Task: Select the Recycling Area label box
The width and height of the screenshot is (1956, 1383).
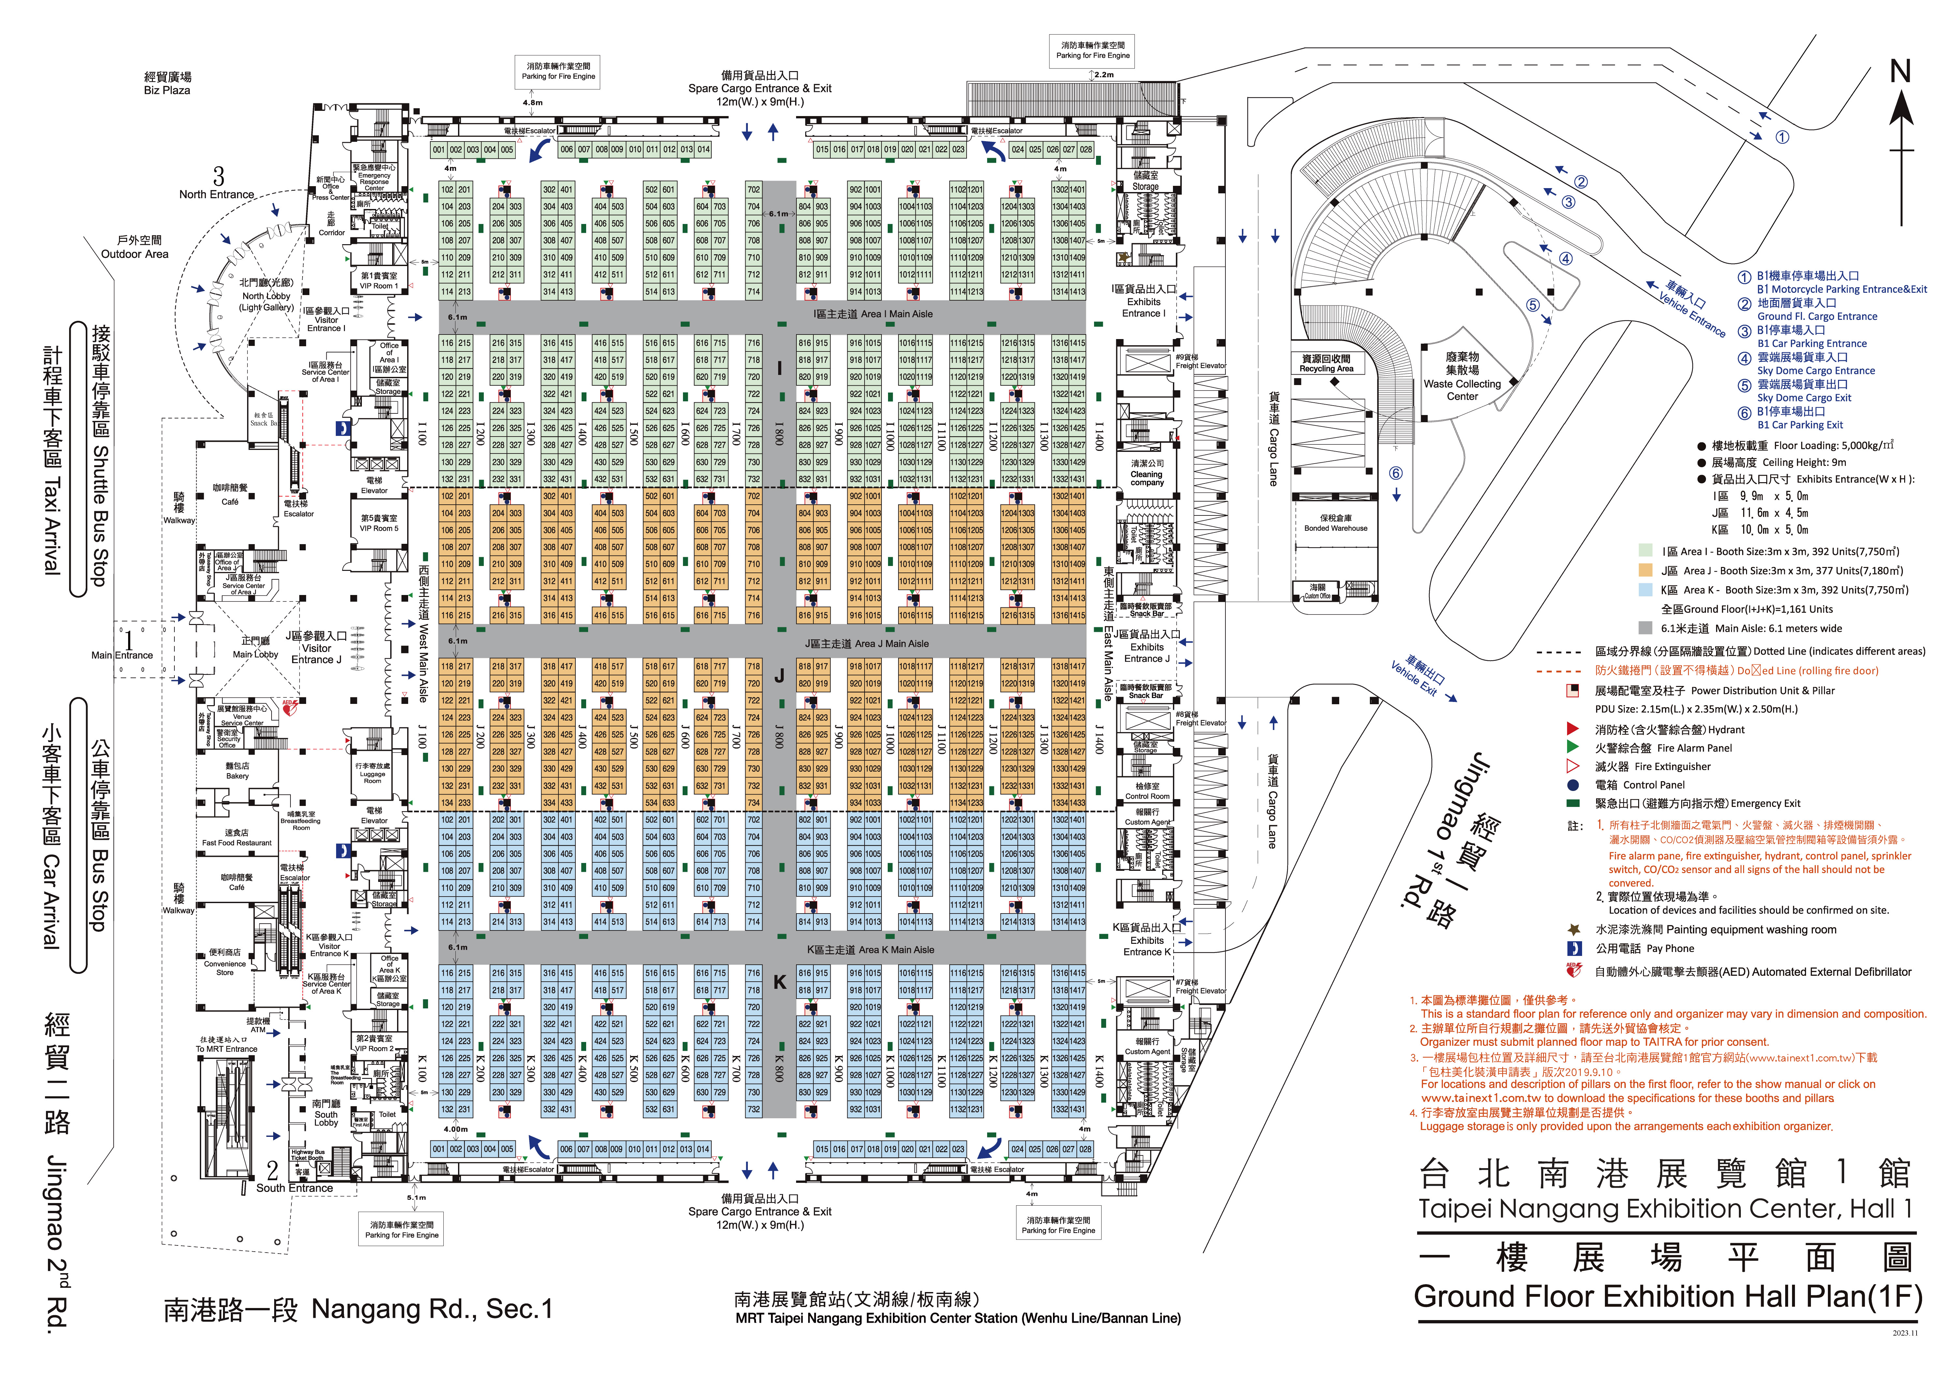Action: click(1326, 364)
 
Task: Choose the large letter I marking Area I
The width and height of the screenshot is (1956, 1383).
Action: click(779, 368)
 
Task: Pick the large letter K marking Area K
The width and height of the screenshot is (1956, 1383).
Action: click(779, 982)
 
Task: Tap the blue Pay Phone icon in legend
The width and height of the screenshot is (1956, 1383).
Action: click(1574, 948)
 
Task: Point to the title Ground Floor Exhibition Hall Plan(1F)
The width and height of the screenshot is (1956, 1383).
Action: click(1667, 1297)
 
